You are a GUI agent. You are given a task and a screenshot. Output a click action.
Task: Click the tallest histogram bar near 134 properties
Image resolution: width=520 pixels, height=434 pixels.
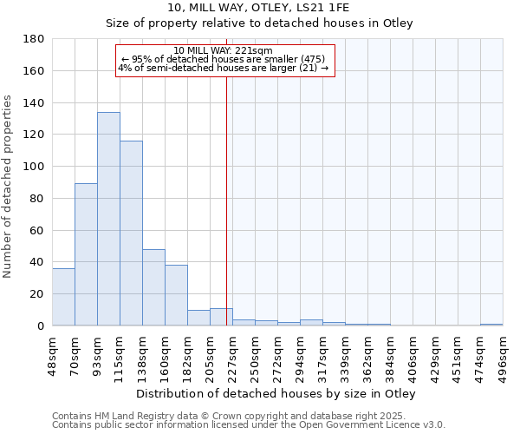pyautogui.click(x=108, y=219)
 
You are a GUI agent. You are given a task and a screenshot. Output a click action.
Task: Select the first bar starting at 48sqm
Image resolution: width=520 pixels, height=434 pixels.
pyautogui.click(x=63, y=297)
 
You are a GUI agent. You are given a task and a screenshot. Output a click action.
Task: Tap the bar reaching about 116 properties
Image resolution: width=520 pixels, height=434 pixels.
pyautogui.click(x=131, y=233)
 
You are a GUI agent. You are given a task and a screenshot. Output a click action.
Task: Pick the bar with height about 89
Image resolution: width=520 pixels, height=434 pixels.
pyautogui.click(x=86, y=254)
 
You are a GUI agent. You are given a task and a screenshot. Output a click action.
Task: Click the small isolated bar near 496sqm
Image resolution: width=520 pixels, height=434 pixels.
pyautogui.click(x=491, y=325)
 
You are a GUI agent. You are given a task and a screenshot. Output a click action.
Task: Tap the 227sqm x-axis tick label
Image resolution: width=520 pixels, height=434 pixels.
pyautogui.click(x=232, y=353)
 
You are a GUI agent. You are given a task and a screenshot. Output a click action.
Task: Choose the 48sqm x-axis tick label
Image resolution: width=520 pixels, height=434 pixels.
pyautogui.click(x=52, y=353)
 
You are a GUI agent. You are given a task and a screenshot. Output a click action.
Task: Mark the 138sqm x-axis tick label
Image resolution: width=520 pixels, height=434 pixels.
pyautogui.click(x=142, y=353)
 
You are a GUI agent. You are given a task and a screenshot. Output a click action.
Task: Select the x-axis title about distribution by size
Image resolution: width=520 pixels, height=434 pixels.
pyautogui.click(x=276, y=394)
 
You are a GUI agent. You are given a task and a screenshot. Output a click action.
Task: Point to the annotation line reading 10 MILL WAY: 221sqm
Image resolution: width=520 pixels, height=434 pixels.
pyautogui.click(x=223, y=50)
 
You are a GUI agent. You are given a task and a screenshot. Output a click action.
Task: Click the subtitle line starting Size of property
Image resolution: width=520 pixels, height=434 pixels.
pyautogui.click(x=259, y=23)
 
